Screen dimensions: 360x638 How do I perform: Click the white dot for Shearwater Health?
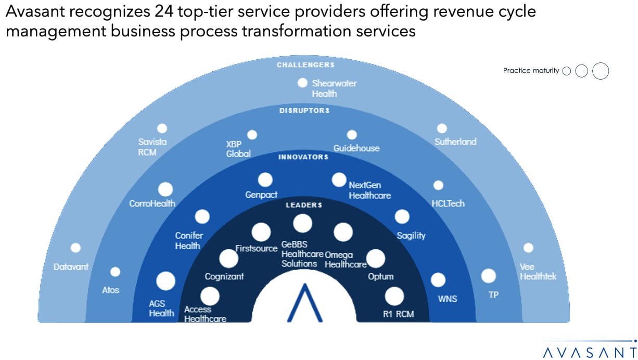pos(302,83)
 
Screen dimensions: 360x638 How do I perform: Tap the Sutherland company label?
pos(455,142)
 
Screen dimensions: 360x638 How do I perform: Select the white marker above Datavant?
pos(75,248)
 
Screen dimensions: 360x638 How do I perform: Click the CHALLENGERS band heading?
pos(305,65)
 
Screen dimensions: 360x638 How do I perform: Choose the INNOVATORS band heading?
pos(303,157)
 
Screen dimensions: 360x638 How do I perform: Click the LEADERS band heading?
pos(304,205)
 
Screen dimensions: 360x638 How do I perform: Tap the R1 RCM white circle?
pos(394,297)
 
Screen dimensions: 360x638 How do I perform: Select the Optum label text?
pos(380,276)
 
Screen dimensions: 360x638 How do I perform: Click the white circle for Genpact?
pos(265,180)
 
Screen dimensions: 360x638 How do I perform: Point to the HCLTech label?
pos(448,203)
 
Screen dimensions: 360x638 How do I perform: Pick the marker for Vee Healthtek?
pos(528,248)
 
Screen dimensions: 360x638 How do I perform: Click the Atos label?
pos(110,290)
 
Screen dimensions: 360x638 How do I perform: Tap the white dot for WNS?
pos(438,280)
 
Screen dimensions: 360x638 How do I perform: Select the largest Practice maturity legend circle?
pos(601,71)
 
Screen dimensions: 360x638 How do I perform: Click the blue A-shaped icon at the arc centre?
pos(304,304)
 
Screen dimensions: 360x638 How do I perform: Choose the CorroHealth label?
pos(152,203)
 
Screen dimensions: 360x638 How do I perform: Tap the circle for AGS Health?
pos(166,281)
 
